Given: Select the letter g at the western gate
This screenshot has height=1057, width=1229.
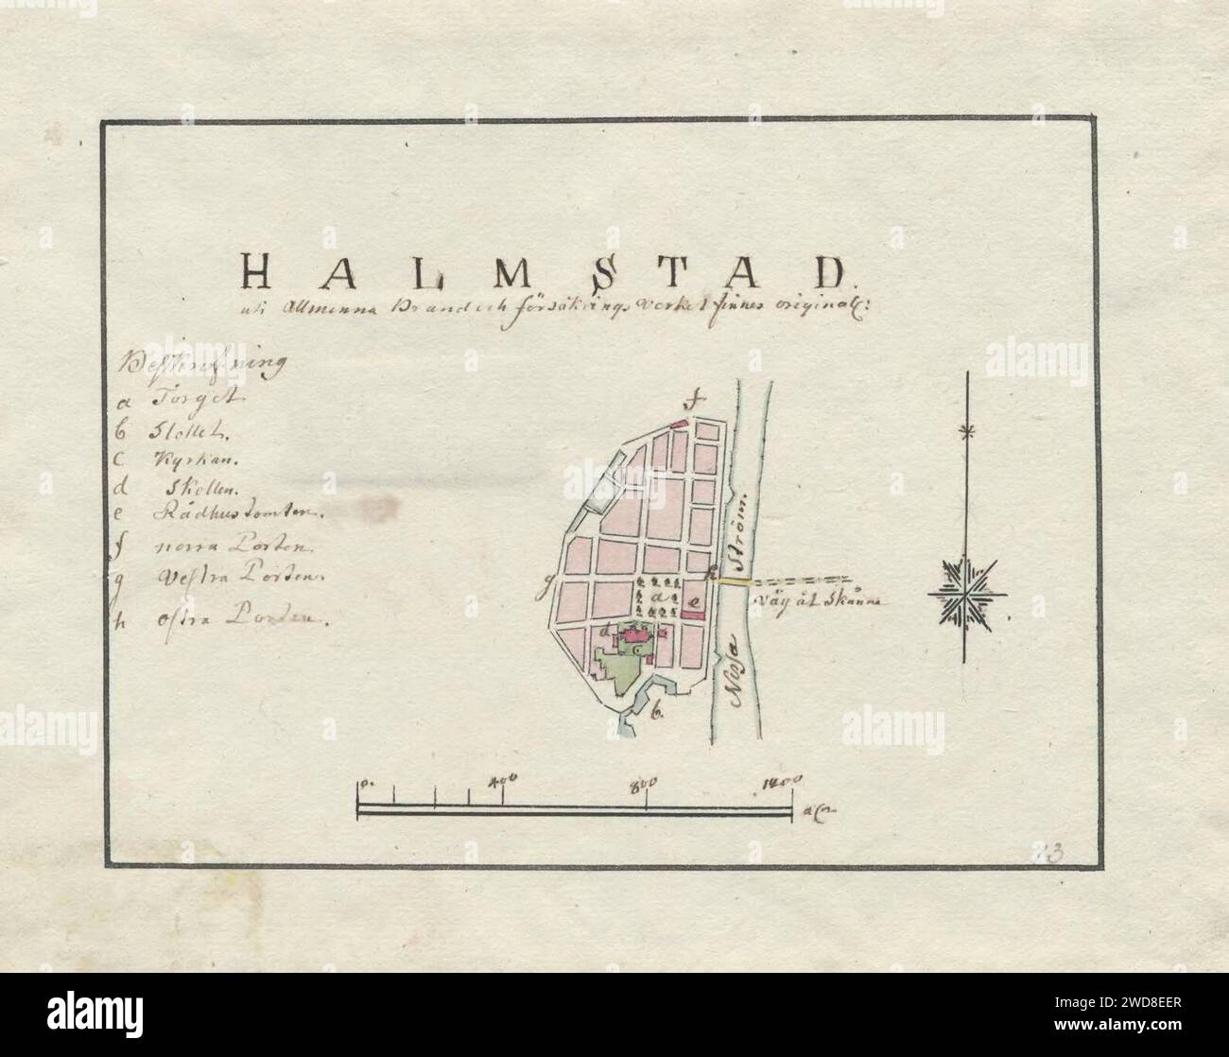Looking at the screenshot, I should click(544, 593).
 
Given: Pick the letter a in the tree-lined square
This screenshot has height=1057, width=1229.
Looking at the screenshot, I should click(655, 598).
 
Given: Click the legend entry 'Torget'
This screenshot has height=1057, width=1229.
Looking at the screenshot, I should click(182, 399).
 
